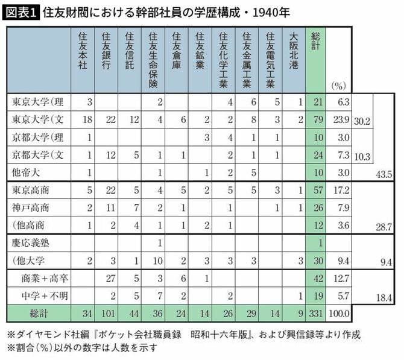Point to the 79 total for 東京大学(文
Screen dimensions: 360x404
click(318, 120)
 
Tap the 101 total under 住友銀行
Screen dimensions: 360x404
click(109, 315)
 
